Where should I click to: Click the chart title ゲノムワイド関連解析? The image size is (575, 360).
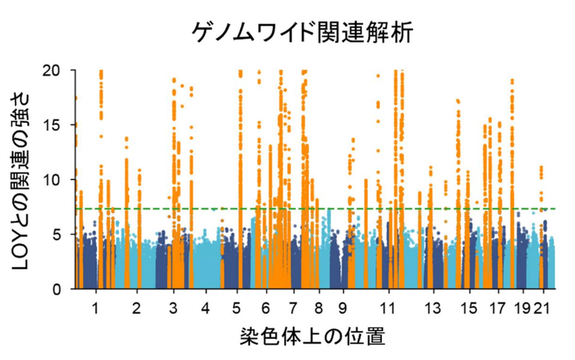(x=302, y=32)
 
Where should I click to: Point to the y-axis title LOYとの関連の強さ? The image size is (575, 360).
(x=23, y=179)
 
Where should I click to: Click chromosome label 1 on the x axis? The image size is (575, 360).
(x=95, y=308)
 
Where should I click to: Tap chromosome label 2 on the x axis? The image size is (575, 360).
(x=136, y=308)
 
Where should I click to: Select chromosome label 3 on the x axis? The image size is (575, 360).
(x=173, y=308)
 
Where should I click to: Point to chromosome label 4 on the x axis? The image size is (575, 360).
(x=205, y=308)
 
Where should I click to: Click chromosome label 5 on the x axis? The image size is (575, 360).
(x=237, y=308)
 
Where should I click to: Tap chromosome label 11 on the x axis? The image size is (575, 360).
(x=387, y=308)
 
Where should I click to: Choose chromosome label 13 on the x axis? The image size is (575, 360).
(x=433, y=308)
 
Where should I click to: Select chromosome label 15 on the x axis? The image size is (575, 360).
(x=469, y=308)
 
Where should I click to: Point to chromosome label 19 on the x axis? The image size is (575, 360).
(x=523, y=308)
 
